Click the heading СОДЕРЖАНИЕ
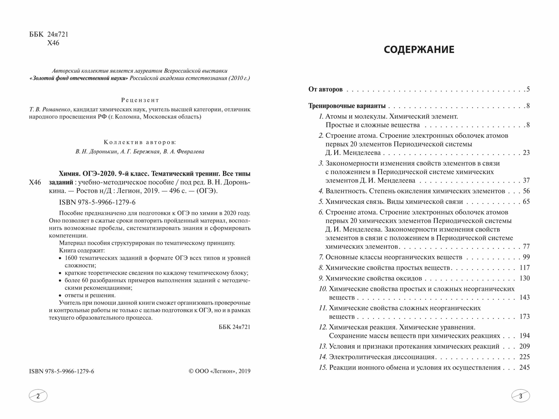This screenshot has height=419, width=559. point(419,50)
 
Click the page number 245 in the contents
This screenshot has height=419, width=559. point(524,367)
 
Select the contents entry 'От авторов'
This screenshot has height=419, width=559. point(326,89)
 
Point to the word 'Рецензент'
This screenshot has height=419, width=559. point(140,100)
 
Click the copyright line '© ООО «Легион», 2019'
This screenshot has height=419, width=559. point(220,371)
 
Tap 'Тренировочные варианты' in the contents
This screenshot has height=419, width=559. point(347,106)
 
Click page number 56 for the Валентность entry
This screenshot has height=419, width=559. point(526,191)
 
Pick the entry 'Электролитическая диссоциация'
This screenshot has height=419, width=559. point(382,357)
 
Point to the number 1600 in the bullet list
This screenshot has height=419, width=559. point(71,258)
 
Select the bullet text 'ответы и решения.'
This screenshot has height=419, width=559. point(90,295)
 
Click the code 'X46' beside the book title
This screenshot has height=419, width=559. point(35,182)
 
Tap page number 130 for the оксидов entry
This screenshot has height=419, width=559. point(524,278)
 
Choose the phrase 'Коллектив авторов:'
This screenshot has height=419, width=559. point(140,142)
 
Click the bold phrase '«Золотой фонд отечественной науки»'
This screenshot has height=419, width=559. point(79,78)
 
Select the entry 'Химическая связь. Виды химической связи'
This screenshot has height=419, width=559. point(394,201)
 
